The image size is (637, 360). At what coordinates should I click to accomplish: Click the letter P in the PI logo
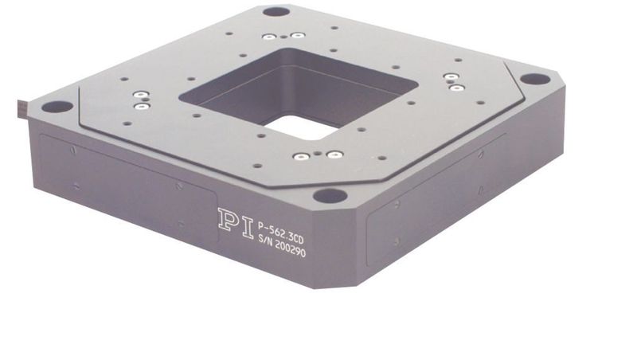pos(227,220)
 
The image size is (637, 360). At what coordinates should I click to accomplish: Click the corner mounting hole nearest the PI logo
pos(330,196)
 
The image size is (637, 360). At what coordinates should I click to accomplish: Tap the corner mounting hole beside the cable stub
pos(57,107)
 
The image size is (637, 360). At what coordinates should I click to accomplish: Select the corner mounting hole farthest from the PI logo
pos(276,11)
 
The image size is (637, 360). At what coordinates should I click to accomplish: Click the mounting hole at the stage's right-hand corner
pos(535,79)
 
